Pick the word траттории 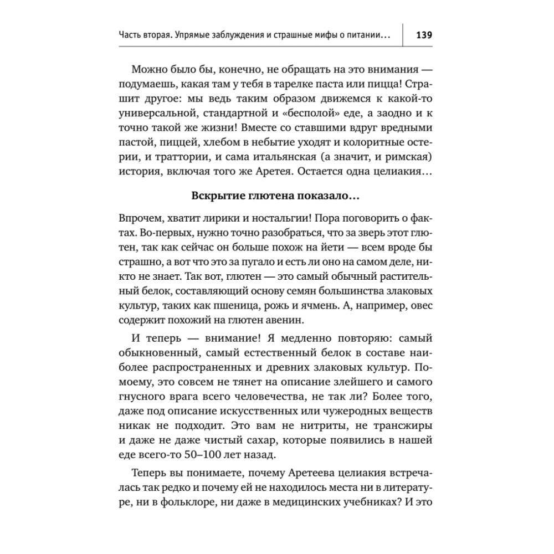click(x=173, y=155)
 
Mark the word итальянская click(x=297, y=155)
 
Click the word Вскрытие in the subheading click(x=217, y=196)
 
